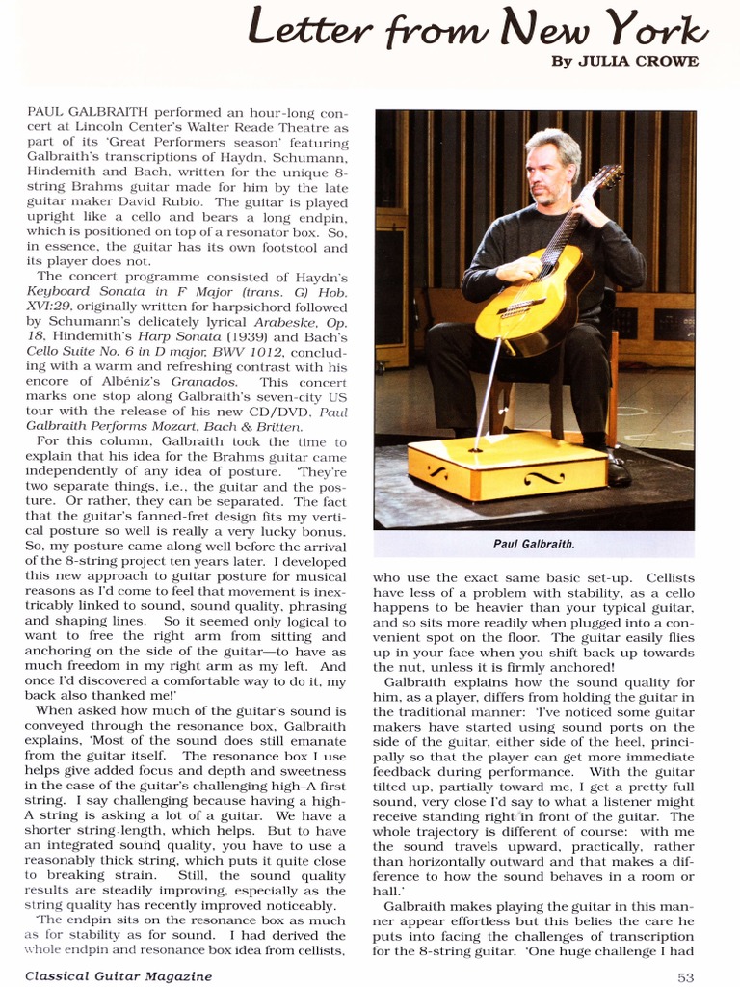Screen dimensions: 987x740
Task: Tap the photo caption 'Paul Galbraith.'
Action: [x=534, y=545]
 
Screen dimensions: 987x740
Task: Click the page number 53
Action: [x=685, y=975]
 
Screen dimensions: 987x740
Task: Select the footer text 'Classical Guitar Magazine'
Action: [x=119, y=975]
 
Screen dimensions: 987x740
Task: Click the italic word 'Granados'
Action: [x=204, y=382]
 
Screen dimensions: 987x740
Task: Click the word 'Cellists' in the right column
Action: [x=670, y=577]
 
